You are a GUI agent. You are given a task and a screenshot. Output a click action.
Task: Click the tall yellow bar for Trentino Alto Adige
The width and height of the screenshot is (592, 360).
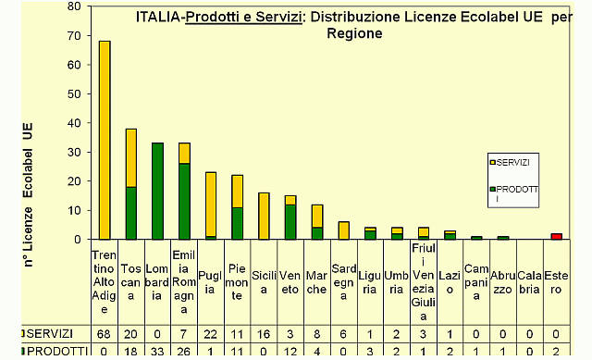(105, 139)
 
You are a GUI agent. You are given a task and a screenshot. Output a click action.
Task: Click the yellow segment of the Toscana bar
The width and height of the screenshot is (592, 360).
(131, 157)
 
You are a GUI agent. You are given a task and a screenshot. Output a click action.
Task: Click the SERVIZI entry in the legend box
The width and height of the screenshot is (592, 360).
(513, 163)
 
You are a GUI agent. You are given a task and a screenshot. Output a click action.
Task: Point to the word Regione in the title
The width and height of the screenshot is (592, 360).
(354, 33)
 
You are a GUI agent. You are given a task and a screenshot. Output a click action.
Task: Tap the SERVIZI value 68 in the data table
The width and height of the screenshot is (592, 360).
(105, 332)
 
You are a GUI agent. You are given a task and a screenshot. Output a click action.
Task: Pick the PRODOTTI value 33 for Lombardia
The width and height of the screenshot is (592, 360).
(157, 351)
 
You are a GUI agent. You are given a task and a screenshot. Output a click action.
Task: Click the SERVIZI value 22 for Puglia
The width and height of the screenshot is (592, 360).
(211, 332)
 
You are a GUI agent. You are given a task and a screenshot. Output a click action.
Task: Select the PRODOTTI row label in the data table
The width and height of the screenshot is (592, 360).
(46, 351)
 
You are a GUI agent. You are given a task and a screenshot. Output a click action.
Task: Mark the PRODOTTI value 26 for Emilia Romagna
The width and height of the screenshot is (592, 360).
(184, 351)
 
